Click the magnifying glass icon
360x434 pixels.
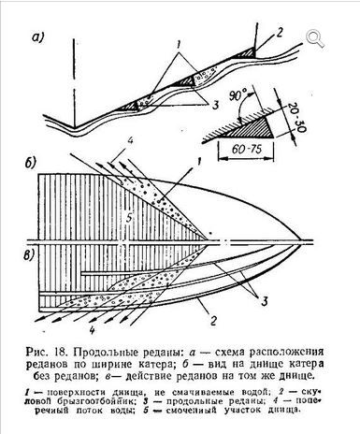click(x=315, y=38)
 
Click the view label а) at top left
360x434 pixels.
click(x=38, y=38)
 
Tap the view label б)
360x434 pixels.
click(x=31, y=164)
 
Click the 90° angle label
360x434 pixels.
click(x=238, y=94)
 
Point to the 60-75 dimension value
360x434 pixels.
click(x=247, y=149)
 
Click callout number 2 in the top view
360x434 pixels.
click(x=279, y=33)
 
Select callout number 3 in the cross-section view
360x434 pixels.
click(x=215, y=106)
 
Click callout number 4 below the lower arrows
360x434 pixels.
click(x=92, y=330)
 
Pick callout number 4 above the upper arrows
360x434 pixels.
click(x=131, y=141)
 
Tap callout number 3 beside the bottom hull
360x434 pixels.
click(x=265, y=301)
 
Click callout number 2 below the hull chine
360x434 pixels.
click(x=213, y=321)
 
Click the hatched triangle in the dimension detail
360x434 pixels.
click(x=254, y=129)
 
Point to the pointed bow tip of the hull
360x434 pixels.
click(x=302, y=241)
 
